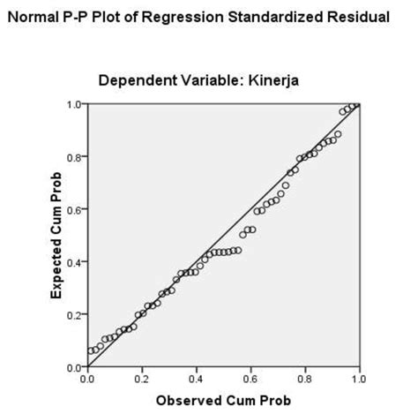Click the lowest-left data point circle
click(91, 351)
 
